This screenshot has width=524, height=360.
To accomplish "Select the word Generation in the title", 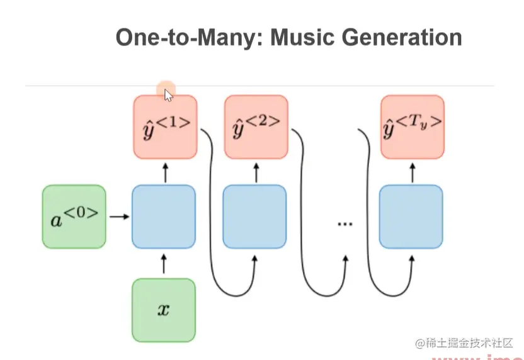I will click(405, 37).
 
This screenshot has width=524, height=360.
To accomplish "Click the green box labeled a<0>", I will click(74, 216).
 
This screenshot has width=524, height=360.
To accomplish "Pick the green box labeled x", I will click(164, 310).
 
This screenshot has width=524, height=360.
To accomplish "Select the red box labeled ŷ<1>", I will click(166, 127).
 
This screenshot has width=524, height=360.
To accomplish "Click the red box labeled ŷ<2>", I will click(256, 127).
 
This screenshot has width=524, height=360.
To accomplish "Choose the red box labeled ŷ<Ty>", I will click(413, 127).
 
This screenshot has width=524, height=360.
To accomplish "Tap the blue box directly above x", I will click(164, 216).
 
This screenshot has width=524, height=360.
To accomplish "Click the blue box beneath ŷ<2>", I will click(255, 216).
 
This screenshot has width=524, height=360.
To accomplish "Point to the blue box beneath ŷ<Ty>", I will click(411, 216).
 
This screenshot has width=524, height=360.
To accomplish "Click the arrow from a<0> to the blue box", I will click(118, 217).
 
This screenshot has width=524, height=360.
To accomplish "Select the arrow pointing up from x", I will click(164, 264).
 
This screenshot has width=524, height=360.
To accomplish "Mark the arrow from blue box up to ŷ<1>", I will click(165, 171).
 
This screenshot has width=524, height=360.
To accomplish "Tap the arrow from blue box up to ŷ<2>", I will click(256, 171).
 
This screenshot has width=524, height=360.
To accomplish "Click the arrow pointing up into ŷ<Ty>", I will click(412, 171).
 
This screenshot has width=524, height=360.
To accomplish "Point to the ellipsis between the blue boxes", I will click(345, 223).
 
